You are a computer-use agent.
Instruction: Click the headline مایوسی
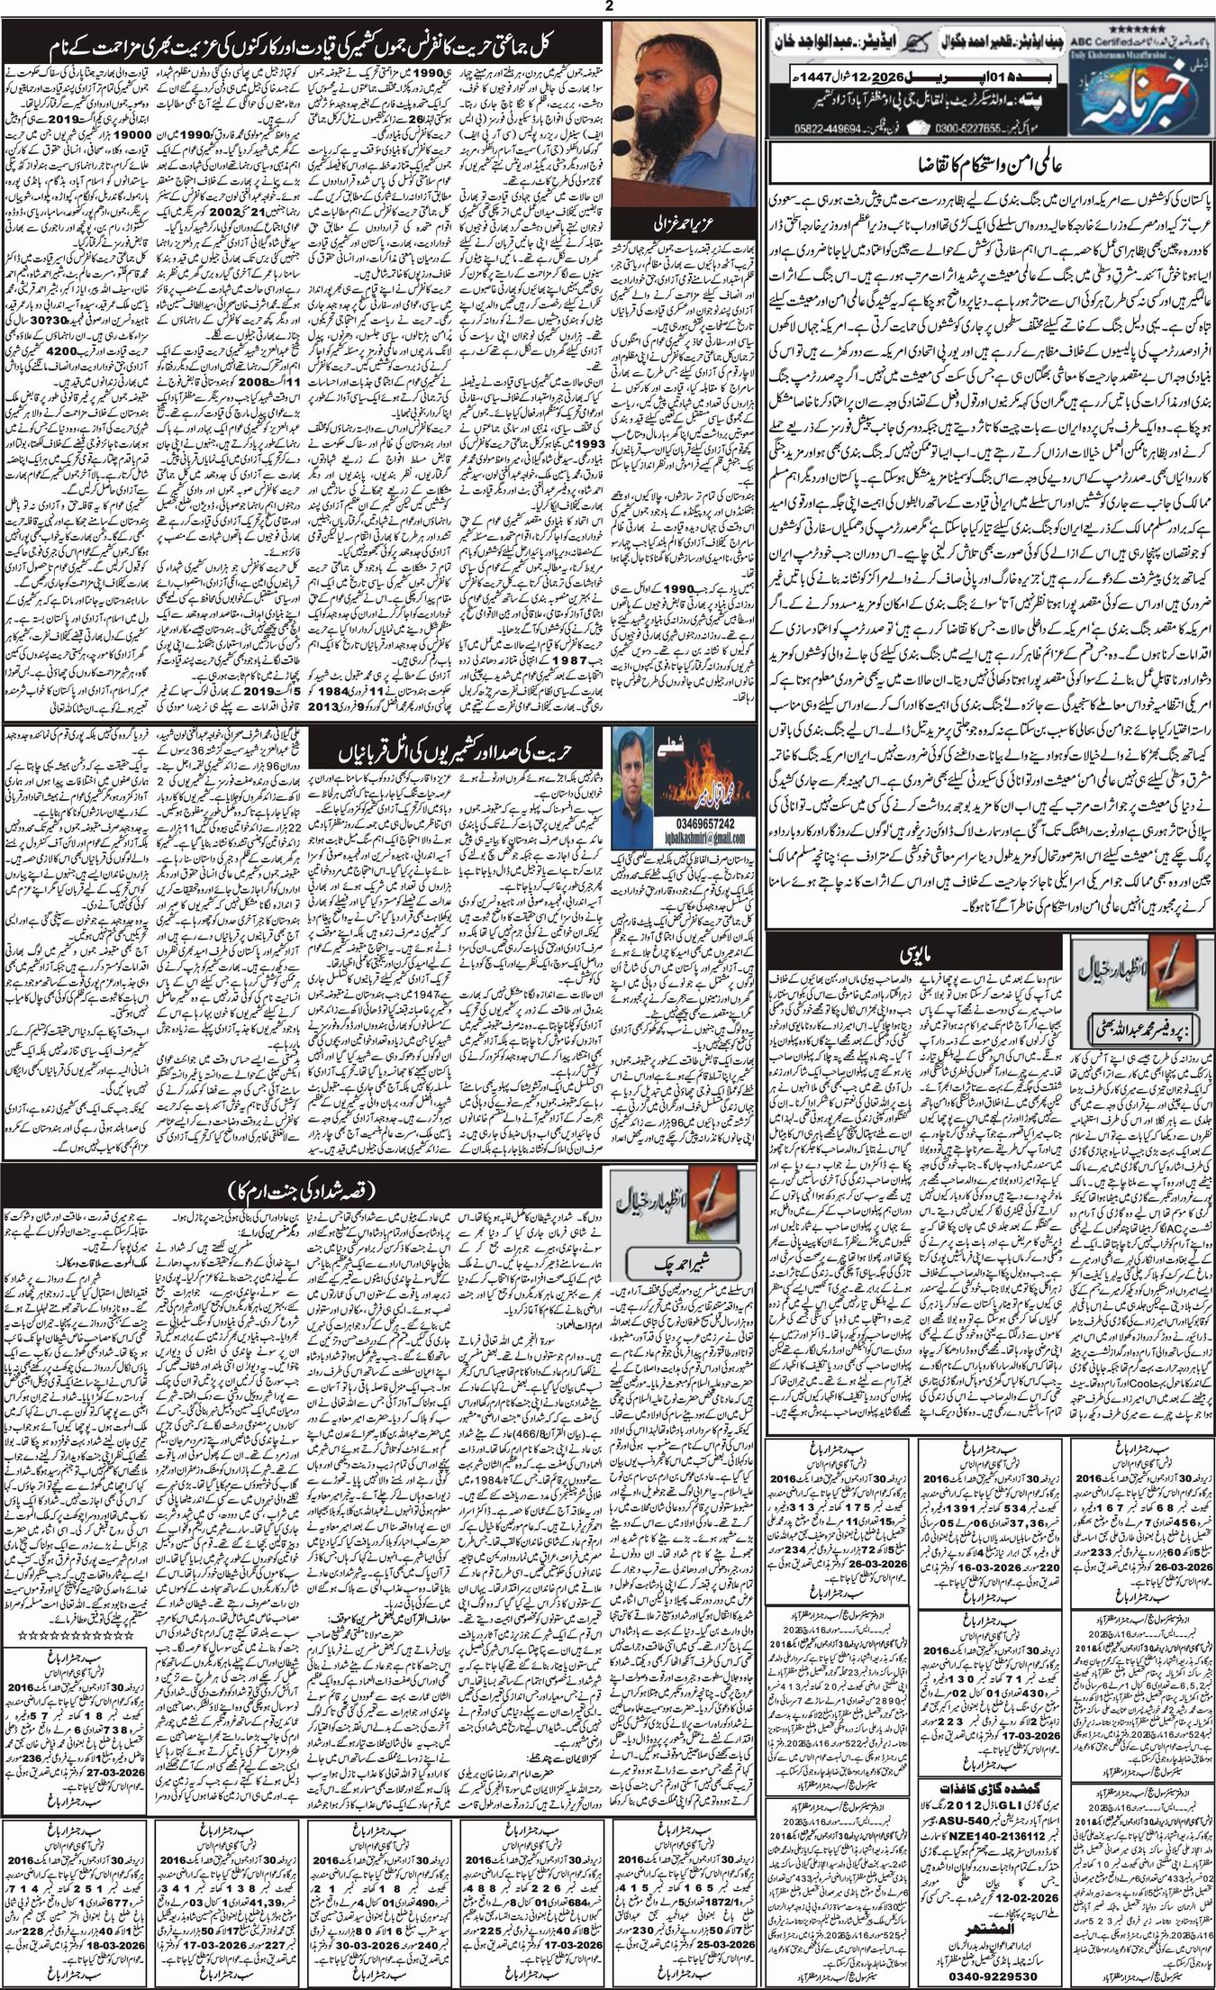(x=909, y=951)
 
